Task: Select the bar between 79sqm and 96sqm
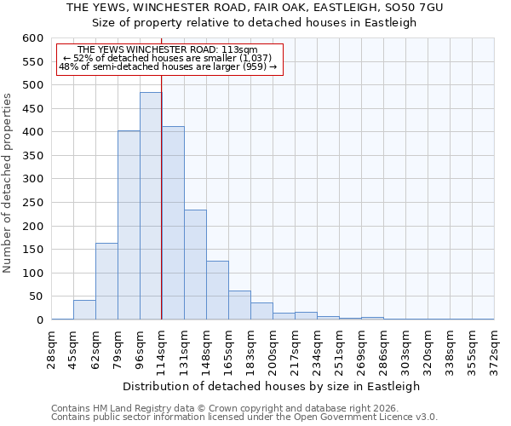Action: pos(129,225)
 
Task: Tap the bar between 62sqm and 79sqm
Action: pos(106,281)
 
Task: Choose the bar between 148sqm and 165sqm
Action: pos(217,291)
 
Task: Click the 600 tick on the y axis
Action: pos(32,38)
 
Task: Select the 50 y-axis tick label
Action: pos(35,296)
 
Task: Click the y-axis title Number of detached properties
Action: pos(9,184)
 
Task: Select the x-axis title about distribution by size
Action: pos(273,386)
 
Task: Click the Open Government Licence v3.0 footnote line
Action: pos(244,417)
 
